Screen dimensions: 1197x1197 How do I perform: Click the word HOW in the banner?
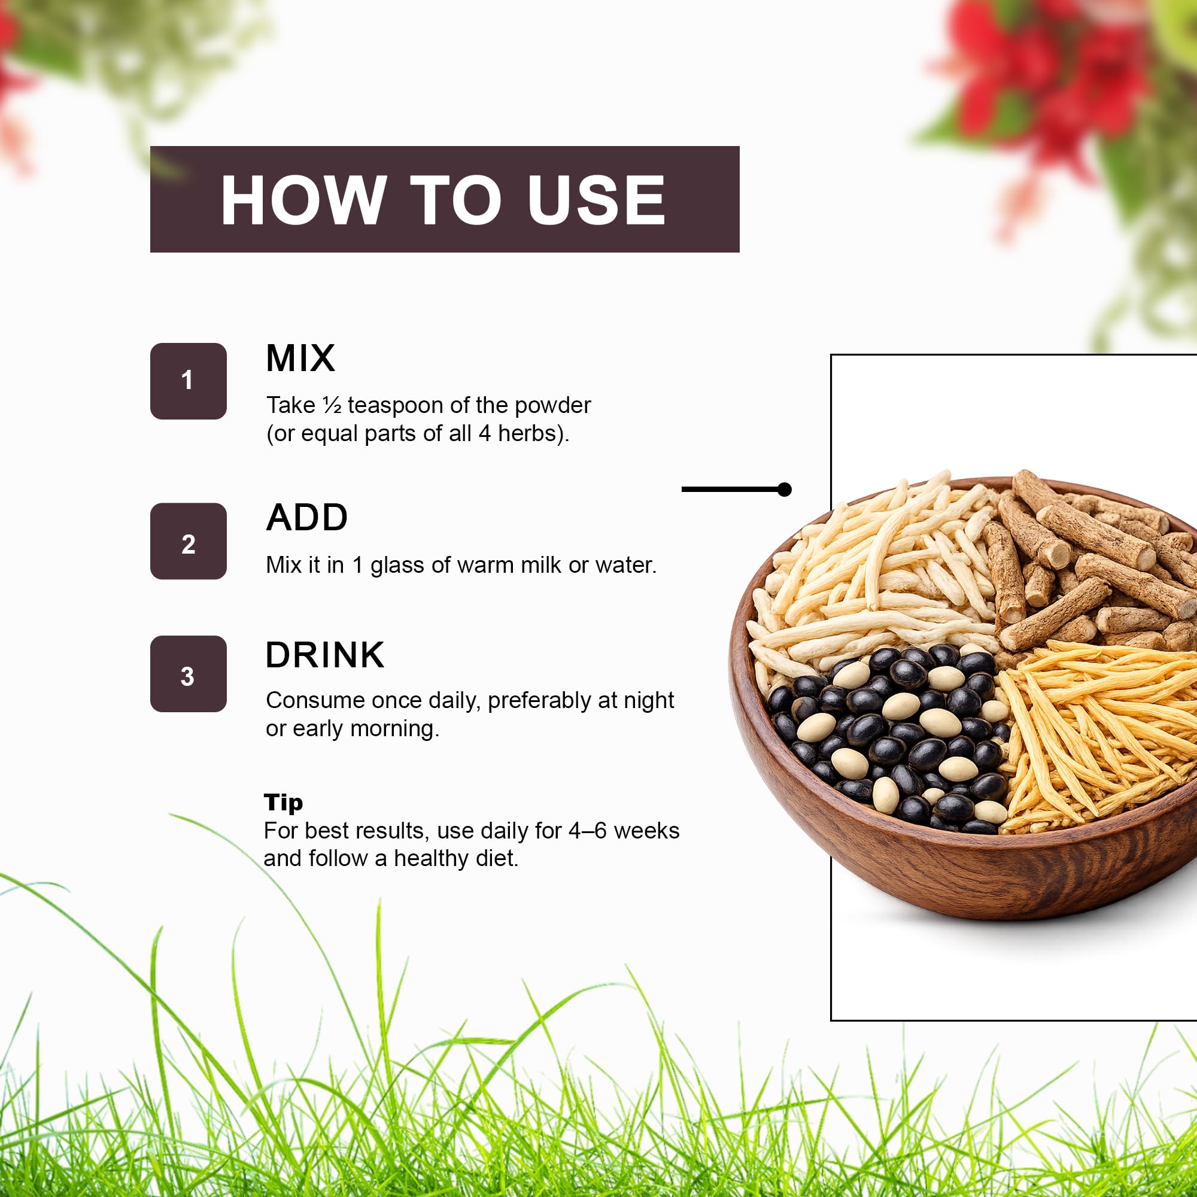click(303, 200)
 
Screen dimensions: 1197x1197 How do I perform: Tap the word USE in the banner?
click(597, 200)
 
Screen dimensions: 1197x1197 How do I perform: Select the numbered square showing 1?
click(189, 381)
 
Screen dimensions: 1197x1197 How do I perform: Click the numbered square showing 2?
click(189, 541)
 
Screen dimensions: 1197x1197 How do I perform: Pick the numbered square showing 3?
click(189, 673)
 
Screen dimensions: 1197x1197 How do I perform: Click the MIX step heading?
click(300, 358)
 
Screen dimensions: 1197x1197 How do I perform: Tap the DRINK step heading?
click(324, 655)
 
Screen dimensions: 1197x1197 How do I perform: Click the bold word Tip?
click(283, 803)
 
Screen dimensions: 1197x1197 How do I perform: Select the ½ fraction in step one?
click(332, 405)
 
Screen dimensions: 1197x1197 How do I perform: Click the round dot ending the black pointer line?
click(785, 490)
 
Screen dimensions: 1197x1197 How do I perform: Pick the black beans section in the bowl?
click(886, 737)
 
